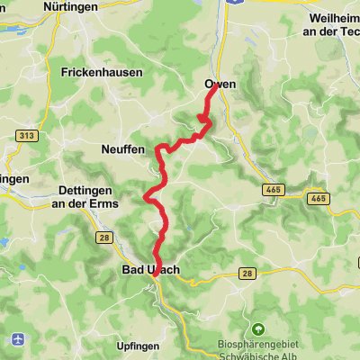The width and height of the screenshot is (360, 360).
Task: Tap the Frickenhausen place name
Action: click(x=96, y=71)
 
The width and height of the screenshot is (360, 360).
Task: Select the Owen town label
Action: click(x=220, y=84)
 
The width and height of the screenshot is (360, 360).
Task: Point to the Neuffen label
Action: click(x=124, y=150)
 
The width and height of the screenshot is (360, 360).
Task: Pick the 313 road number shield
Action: click(x=25, y=135)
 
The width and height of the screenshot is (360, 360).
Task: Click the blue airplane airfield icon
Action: click(x=18, y=338)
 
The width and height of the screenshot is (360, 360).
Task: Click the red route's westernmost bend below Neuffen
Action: click(x=144, y=195)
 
